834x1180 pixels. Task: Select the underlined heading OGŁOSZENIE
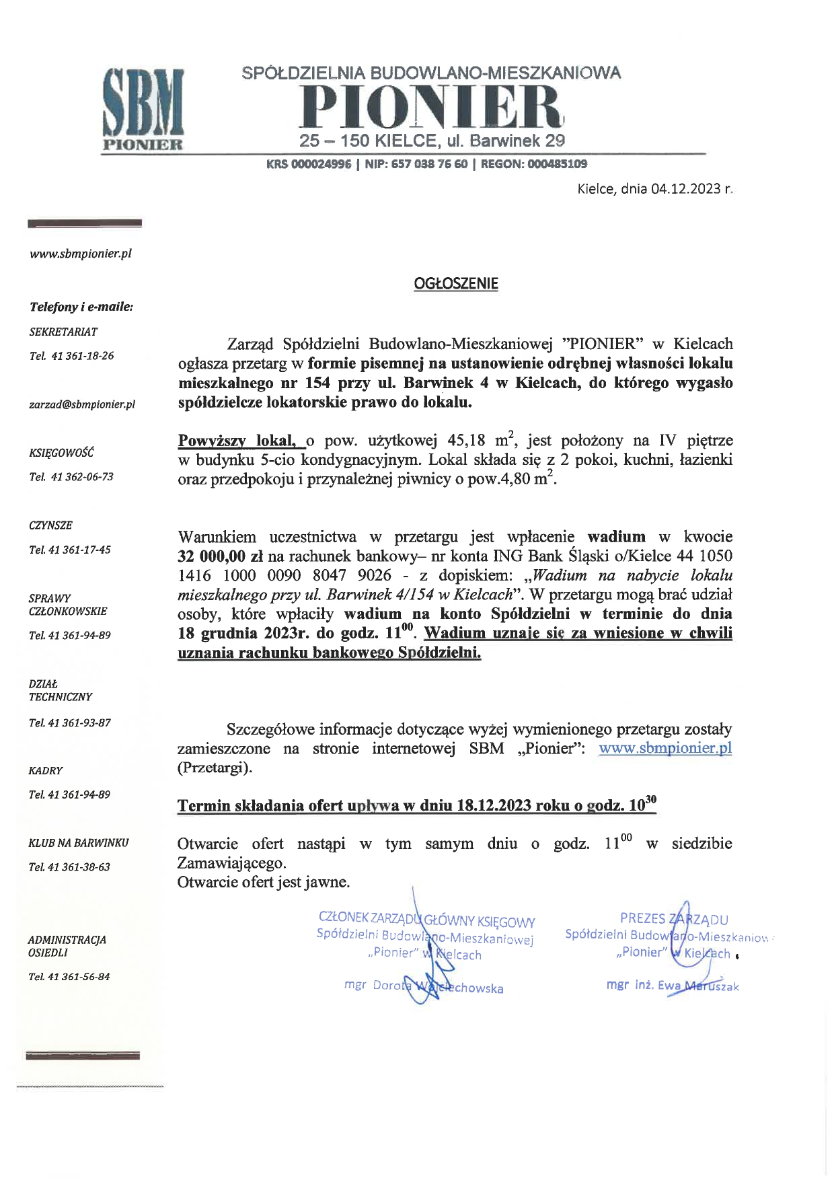(x=455, y=284)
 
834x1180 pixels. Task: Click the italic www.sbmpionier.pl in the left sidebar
(x=80, y=254)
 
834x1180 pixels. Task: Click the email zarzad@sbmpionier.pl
(x=82, y=404)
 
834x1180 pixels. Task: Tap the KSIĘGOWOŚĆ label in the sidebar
(x=61, y=453)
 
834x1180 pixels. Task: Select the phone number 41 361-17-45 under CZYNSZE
(x=79, y=550)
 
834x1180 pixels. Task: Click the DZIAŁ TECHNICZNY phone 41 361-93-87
(x=79, y=723)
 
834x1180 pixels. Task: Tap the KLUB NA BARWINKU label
(x=78, y=842)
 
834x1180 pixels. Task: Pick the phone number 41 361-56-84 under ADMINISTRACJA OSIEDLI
(x=78, y=976)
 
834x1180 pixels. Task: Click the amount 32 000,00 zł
(x=220, y=557)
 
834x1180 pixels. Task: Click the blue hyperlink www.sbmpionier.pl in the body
(x=665, y=748)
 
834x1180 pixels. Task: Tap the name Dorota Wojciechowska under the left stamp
(x=437, y=988)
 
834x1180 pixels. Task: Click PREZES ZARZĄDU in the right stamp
(x=674, y=919)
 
